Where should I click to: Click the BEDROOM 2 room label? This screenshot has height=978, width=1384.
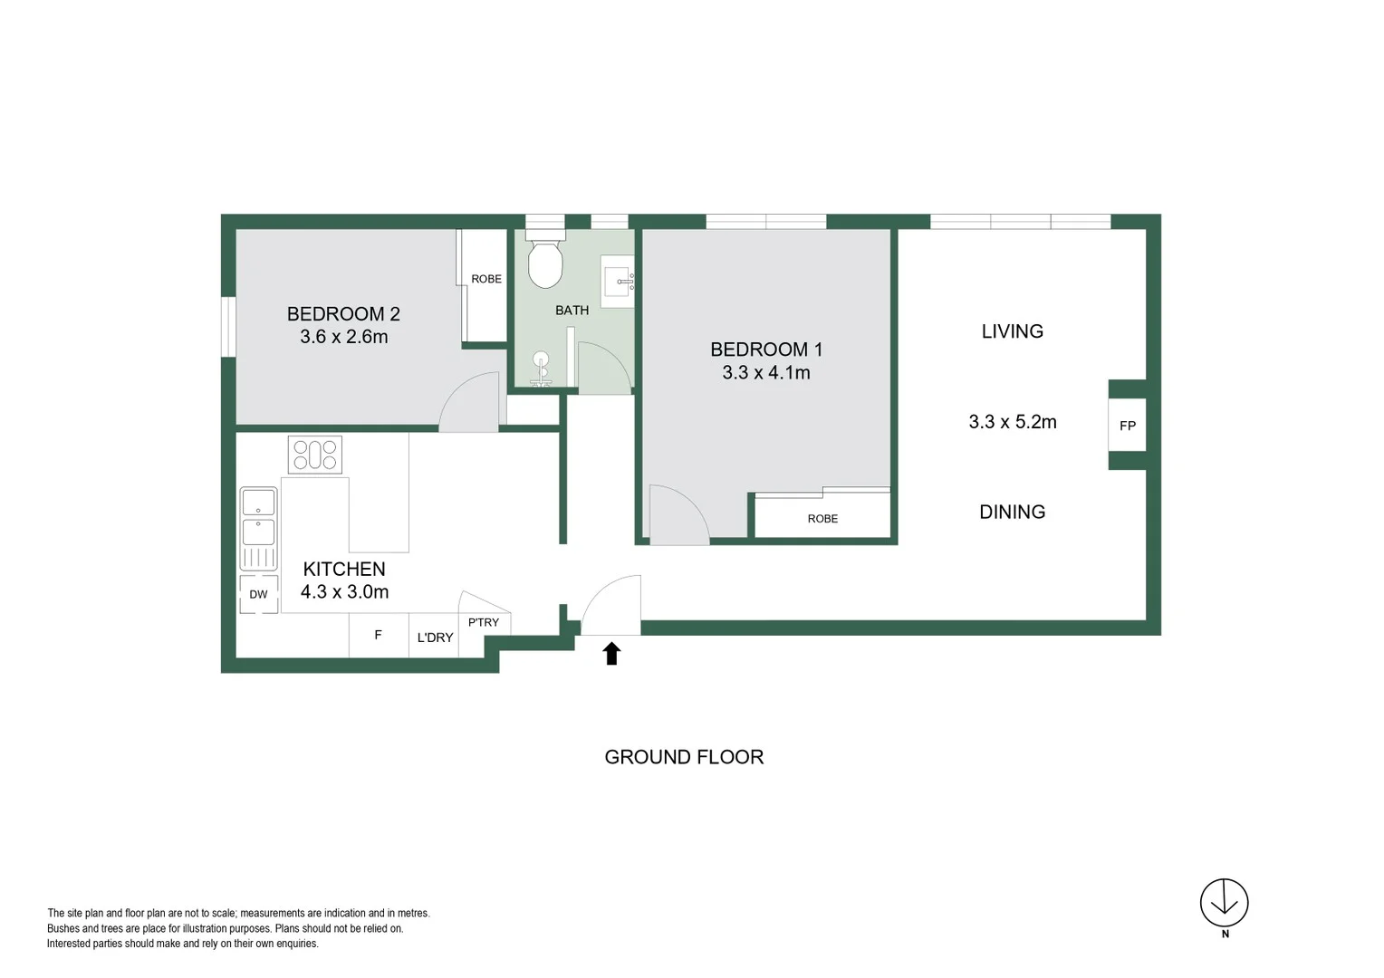(x=343, y=314)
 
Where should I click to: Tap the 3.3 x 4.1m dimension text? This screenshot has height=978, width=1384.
(x=765, y=372)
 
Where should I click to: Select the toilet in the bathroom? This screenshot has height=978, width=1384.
(x=545, y=264)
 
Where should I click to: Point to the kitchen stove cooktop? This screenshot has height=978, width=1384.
(x=314, y=455)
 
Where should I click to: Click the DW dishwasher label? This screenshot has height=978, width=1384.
(x=258, y=595)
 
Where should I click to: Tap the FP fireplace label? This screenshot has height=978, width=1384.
(x=1127, y=426)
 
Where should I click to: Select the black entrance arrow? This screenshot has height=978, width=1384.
(x=611, y=653)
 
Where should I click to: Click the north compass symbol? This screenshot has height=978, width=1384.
(x=1224, y=903)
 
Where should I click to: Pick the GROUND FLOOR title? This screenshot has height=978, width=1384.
(x=684, y=757)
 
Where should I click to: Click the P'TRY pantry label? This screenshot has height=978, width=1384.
(x=484, y=622)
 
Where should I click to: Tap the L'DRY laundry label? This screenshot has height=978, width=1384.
(x=435, y=638)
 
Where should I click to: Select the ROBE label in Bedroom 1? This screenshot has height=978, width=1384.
(x=822, y=519)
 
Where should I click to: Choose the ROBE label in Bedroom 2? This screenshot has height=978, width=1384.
(x=486, y=279)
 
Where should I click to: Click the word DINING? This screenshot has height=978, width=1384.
(x=1012, y=512)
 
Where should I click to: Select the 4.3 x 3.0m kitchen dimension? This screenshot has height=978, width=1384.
(x=344, y=592)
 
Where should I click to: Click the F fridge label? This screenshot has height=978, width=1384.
(x=378, y=636)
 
